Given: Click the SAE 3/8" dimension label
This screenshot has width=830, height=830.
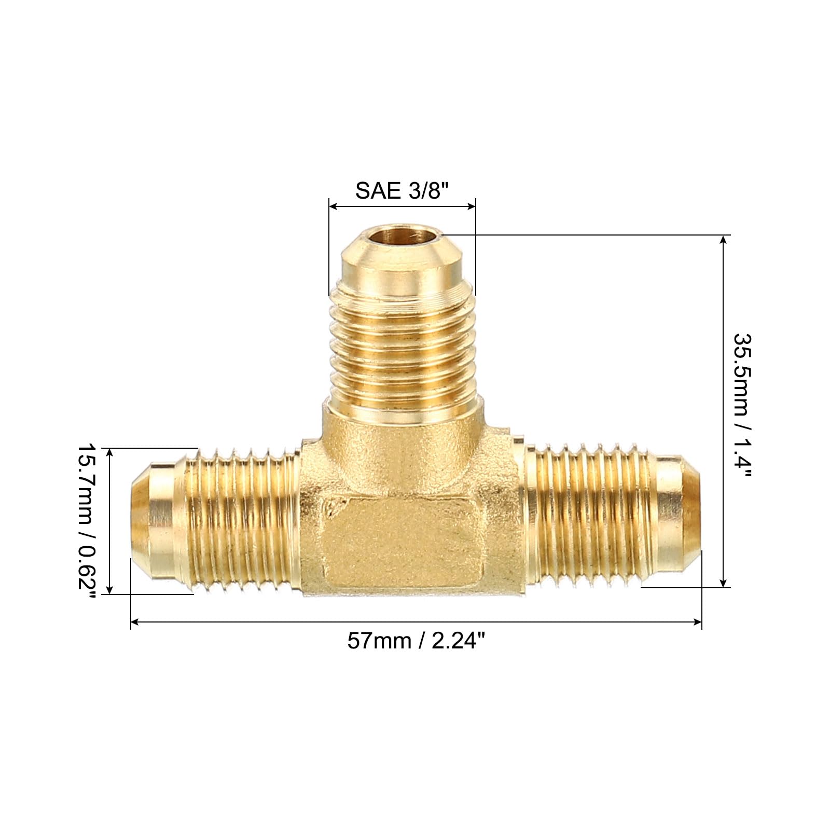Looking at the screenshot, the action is (401, 191).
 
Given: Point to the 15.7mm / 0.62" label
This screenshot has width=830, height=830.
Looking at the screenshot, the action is (87, 521).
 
